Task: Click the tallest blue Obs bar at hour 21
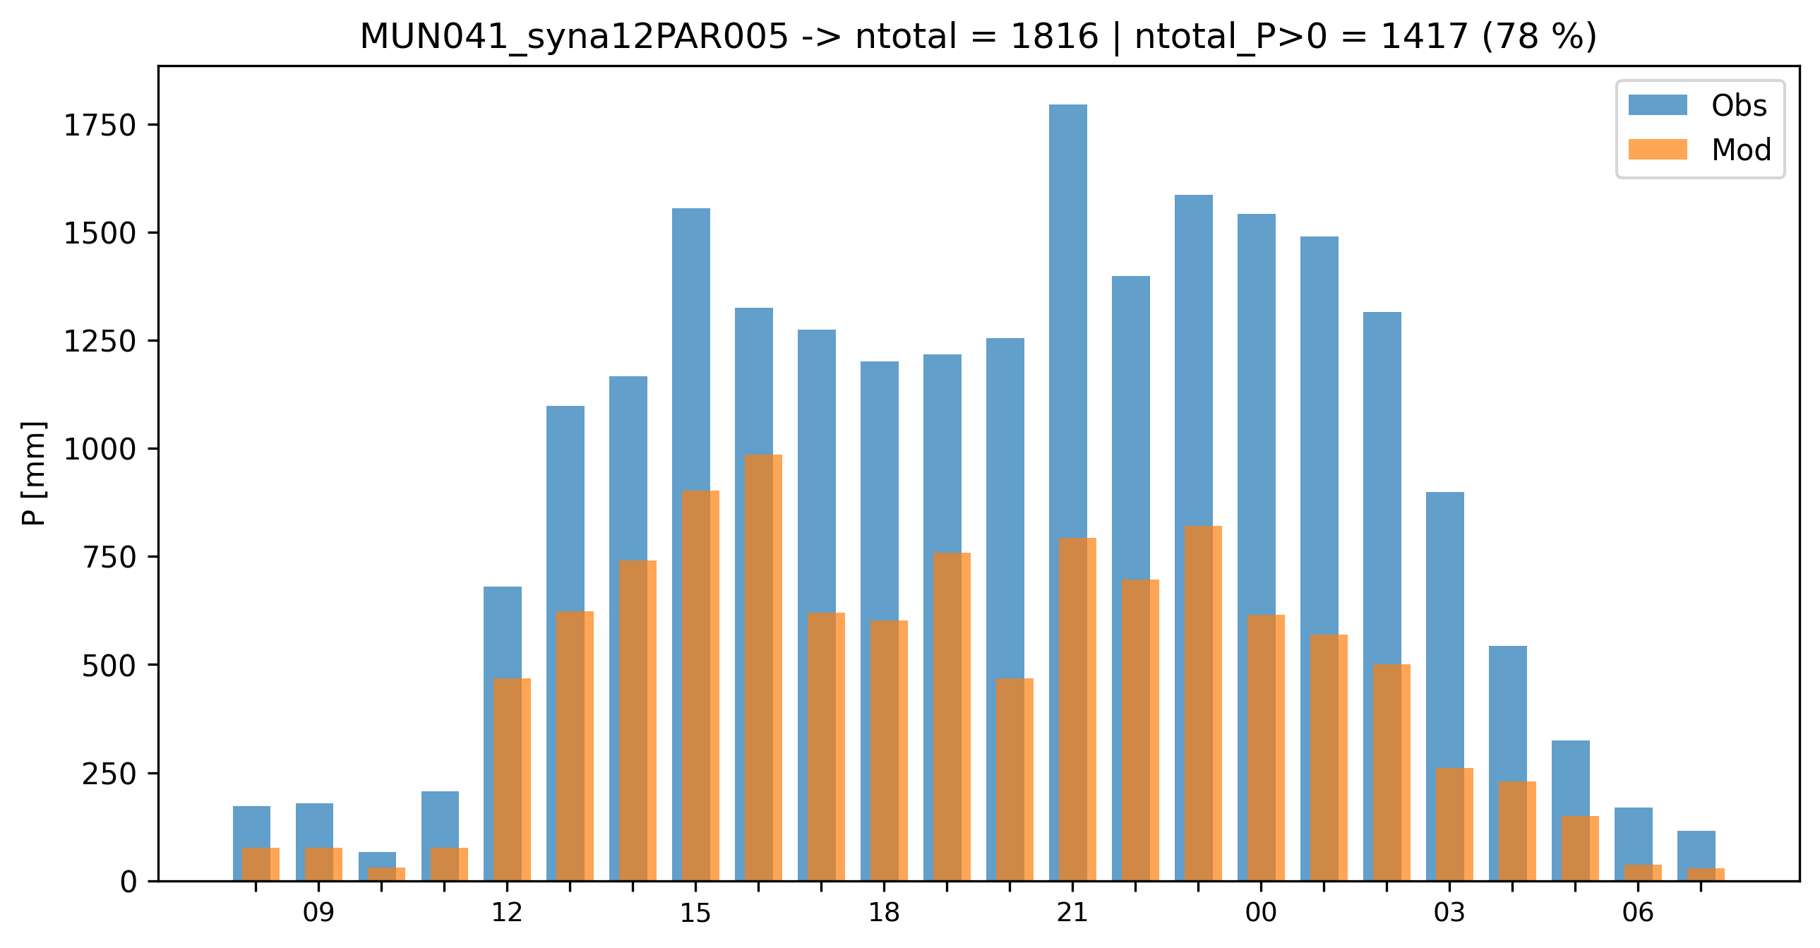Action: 1067,318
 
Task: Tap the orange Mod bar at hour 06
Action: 1643,872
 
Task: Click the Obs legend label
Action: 1738,106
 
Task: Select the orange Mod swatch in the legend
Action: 1658,150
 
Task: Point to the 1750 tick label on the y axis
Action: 100,126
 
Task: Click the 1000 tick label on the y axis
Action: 100,449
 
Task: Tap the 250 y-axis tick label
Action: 109,774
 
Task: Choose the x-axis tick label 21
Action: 1072,913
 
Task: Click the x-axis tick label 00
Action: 1260,913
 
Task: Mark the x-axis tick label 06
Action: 1637,913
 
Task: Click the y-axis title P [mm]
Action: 33,473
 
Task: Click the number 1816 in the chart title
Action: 1054,37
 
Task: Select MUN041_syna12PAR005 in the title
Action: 574,37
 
